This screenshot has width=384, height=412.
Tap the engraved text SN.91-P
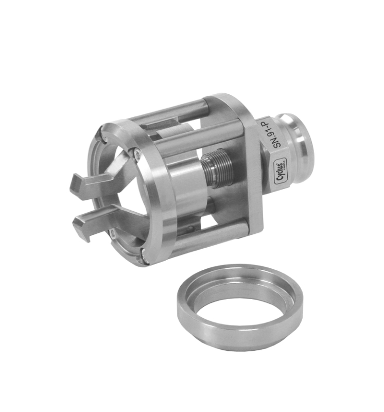tap(278, 134)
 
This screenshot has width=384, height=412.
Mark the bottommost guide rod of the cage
tap(206, 242)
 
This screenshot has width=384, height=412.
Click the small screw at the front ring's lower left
tap(113, 235)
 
